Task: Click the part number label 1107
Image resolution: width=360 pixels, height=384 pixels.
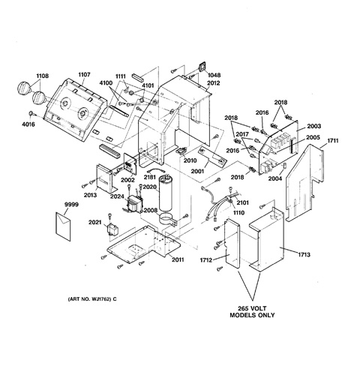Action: [84, 74]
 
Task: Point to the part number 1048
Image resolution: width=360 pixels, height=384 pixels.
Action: [214, 75]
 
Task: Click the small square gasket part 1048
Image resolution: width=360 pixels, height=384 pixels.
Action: [202, 67]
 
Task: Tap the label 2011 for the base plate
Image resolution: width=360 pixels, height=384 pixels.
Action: [178, 259]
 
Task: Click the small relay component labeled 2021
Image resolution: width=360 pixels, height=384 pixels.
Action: [112, 229]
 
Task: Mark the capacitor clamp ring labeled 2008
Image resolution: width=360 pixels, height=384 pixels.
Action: [167, 219]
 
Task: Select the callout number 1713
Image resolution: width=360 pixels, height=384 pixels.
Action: [304, 255]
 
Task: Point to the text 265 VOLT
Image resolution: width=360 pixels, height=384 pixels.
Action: [252, 308]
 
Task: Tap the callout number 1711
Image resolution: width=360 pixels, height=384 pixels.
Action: [333, 141]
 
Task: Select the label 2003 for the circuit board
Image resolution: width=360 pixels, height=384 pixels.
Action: [313, 126]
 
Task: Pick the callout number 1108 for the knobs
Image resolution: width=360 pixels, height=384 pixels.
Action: [43, 76]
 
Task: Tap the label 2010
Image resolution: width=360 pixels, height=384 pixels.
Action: [190, 160]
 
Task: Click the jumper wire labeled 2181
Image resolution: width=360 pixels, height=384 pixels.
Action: [156, 171]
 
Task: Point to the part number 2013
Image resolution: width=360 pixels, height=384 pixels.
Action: [90, 195]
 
